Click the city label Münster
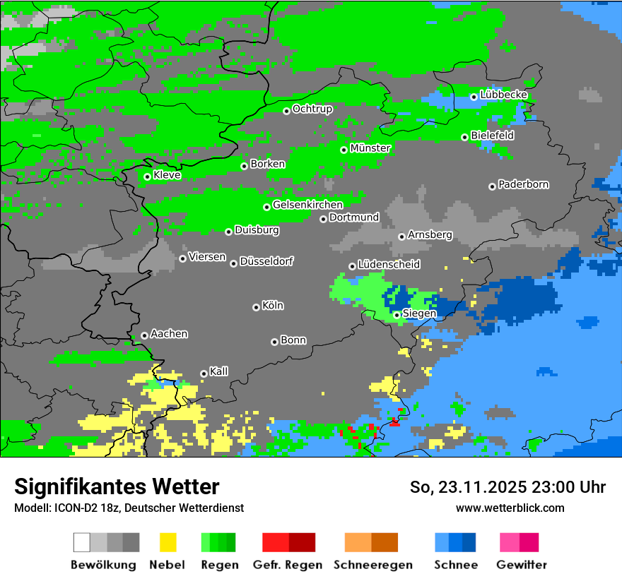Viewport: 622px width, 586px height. (370, 148)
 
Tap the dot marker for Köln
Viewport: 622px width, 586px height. (256, 307)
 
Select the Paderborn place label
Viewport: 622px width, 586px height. (523, 184)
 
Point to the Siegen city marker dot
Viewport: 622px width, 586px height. (397, 315)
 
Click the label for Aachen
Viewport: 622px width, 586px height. (169, 333)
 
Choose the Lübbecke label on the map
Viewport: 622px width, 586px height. (503, 95)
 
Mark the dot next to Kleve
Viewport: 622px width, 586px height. (147, 177)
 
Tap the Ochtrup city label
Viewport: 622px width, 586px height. (312, 109)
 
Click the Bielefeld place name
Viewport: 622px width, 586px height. (492, 135)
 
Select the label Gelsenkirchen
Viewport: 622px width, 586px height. (307, 205)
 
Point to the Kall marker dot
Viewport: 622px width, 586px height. (204, 373)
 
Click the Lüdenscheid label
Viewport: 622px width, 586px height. (389, 264)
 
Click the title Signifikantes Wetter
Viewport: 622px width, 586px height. (117, 486)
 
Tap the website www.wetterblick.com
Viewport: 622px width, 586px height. (510, 508)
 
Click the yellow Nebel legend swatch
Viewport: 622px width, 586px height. (168, 542)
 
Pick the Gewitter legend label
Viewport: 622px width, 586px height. (521, 565)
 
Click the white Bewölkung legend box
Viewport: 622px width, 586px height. (82, 542)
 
